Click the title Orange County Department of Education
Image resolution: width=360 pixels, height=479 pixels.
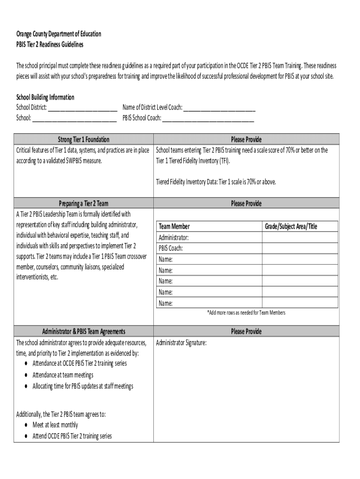(58, 34)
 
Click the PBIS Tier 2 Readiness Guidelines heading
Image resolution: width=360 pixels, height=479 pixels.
(50, 44)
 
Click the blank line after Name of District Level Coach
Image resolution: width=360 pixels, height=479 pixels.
(219, 108)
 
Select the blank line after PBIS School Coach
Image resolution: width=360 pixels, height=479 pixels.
(208, 118)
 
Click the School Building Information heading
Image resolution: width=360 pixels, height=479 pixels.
(45, 97)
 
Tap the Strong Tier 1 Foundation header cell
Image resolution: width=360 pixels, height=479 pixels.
(84, 139)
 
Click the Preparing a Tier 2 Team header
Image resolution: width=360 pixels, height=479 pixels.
(84, 203)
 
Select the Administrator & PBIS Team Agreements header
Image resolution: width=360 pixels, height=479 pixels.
(84, 332)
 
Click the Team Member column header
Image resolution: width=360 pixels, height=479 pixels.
(174, 226)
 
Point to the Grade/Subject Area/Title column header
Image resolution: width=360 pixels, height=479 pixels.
(291, 226)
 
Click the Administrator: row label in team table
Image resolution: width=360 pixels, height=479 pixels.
(174, 238)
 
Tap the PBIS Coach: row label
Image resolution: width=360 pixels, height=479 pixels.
(171, 248)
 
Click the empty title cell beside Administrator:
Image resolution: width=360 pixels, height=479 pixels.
(300, 238)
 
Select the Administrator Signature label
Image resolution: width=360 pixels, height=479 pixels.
(181, 343)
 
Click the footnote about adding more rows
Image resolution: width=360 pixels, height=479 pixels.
(246, 312)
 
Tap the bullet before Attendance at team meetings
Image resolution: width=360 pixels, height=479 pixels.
(25, 375)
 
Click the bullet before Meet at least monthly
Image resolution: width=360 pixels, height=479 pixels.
(25, 425)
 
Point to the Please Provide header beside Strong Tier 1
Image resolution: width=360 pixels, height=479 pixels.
(246, 139)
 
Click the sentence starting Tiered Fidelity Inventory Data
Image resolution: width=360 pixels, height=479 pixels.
(216, 182)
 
